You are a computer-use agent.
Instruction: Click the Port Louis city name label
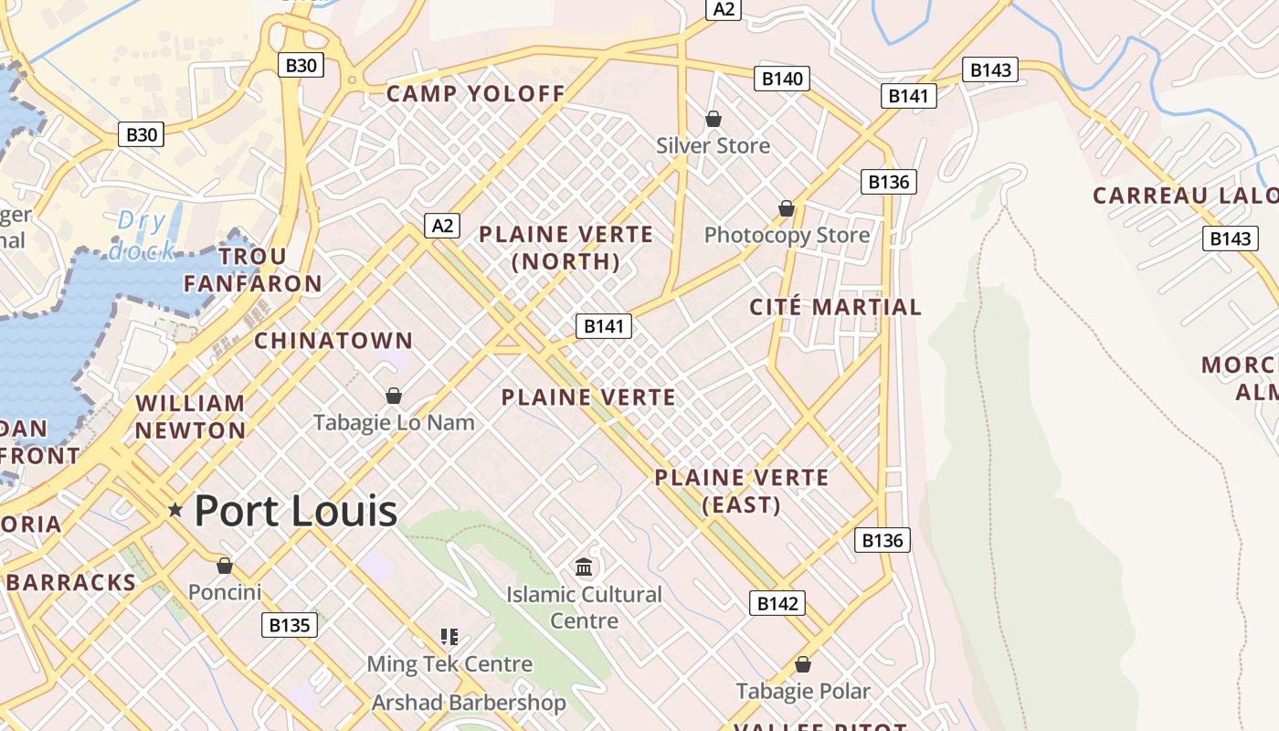click(295, 510)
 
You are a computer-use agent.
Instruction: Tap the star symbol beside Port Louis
click(175, 510)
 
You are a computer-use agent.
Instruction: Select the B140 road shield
click(782, 79)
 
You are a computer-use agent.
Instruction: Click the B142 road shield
click(777, 603)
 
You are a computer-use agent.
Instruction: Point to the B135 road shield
click(290, 625)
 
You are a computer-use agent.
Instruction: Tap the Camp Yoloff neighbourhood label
click(476, 93)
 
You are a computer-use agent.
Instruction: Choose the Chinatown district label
click(333, 341)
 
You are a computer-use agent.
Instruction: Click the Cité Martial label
click(835, 307)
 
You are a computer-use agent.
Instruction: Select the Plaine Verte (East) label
click(741, 491)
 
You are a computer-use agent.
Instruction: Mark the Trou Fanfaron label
click(253, 270)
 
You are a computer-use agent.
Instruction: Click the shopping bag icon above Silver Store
click(713, 119)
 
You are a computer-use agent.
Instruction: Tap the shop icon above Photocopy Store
click(786, 209)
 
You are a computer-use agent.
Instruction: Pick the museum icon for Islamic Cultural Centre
click(585, 567)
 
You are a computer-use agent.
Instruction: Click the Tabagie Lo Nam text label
click(394, 422)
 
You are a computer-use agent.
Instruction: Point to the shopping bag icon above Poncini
click(225, 566)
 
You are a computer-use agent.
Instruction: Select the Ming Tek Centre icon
click(449, 636)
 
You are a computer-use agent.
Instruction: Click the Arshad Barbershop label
click(469, 703)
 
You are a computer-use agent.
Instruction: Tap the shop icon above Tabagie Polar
click(803, 664)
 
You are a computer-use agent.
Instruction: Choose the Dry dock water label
click(142, 235)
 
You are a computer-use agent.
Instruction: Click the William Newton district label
click(191, 417)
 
